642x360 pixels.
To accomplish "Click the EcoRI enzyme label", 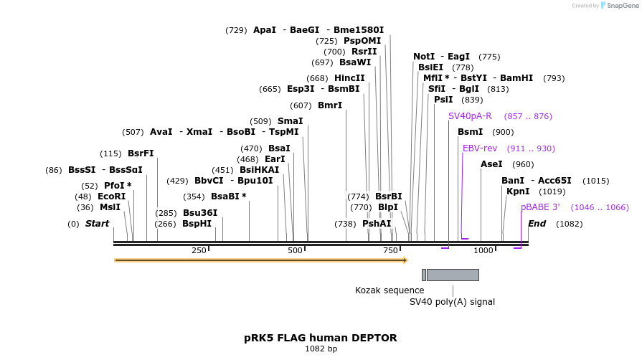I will [111, 196].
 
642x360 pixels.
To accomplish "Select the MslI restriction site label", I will [110, 207].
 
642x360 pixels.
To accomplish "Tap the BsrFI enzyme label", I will [141, 153].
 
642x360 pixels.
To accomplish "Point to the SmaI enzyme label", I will [290, 121].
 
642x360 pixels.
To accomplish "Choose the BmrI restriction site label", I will [330, 105].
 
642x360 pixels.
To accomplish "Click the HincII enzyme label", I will [349, 78].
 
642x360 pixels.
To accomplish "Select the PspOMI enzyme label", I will [362, 41].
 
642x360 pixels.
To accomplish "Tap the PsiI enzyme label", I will [443, 100].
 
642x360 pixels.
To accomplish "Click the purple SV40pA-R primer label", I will [470, 116].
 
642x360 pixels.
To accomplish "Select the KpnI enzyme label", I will [518, 191].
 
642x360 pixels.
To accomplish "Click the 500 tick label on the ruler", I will [296, 250].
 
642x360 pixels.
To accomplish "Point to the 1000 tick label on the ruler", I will [483, 250].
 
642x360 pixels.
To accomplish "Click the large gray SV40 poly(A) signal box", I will [453, 275].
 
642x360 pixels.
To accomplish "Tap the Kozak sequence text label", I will [390, 290].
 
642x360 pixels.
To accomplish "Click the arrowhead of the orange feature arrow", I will [405, 260].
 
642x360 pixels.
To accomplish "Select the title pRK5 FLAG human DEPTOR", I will [320, 337].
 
